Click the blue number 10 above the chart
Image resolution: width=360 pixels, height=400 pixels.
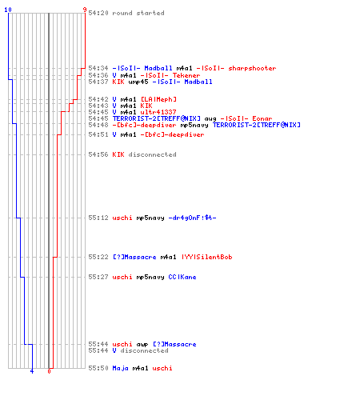click(x=8, y=10)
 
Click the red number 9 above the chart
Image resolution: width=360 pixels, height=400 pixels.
click(x=85, y=10)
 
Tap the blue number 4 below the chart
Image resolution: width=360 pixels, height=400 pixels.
click(x=32, y=371)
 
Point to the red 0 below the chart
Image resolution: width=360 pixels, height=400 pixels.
click(x=49, y=371)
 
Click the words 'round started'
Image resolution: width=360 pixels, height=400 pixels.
click(x=138, y=13)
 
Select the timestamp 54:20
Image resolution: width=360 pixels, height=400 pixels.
click(x=98, y=13)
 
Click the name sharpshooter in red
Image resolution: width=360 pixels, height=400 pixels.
click(x=252, y=68)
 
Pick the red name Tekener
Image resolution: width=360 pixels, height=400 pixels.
click(x=186, y=75)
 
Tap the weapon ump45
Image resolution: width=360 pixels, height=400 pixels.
click(x=138, y=82)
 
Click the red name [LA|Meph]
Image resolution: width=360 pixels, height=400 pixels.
click(x=158, y=99)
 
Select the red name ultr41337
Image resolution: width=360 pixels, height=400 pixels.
click(x=158, y=112)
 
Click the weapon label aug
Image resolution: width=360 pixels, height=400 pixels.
click(x=210, y=118)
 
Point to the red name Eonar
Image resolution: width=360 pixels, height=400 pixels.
click(x=262, y=118)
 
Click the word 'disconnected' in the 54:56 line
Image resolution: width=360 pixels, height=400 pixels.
click(x=152, y=154)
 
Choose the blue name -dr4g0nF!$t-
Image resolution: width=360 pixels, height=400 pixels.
click(x=192, y=218)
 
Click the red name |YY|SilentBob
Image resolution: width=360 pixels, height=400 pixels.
click(x=206, y=257)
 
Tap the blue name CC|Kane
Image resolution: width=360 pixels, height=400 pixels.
click(x=182, y=277)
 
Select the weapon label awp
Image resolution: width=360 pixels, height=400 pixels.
click(x=142, y=345)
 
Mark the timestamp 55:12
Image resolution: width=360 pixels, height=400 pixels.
click(x=98, y=218)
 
